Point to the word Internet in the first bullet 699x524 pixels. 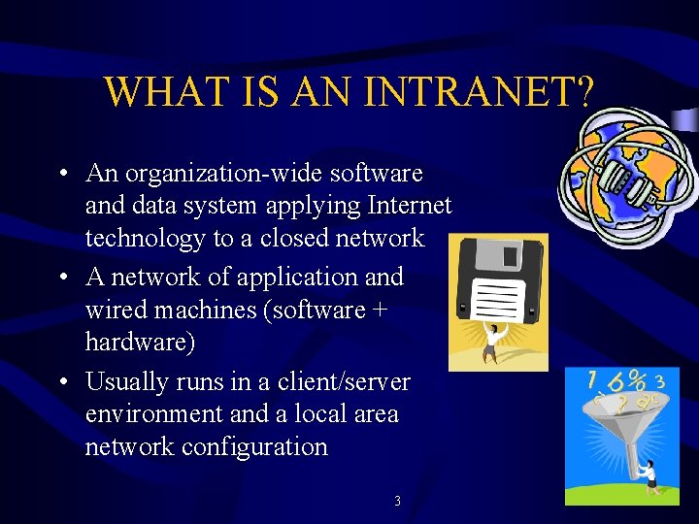tap(406, 207)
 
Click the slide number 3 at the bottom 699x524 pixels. tap(397, 502)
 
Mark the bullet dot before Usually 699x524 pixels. tap(61, 382)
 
